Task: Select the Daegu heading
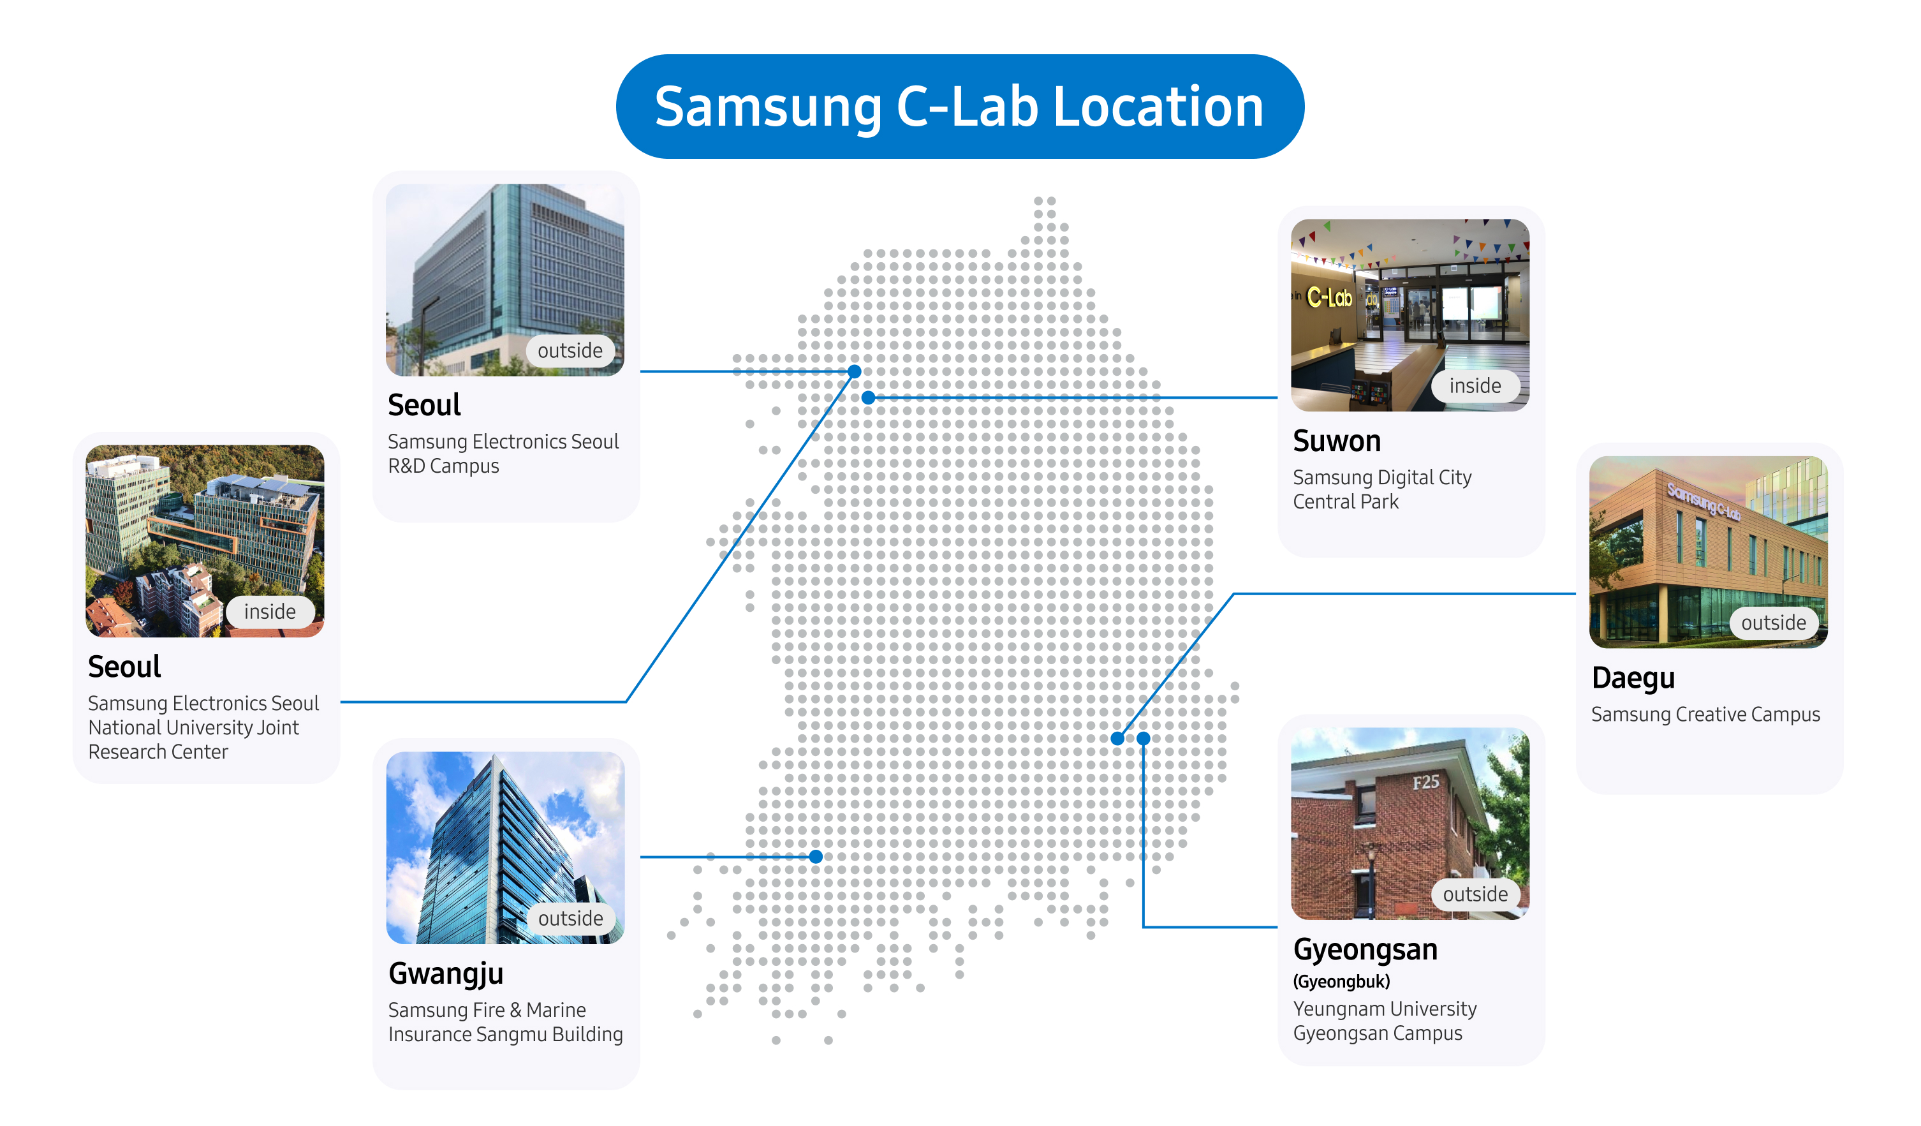tap(1633, 678)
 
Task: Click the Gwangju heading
tap(446, 974)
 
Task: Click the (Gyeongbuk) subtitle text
tap(1342, 981)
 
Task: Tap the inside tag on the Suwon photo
tap(1475, 386)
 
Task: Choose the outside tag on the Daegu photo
tap(1773, 623)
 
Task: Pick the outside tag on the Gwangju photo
tap(570, 919)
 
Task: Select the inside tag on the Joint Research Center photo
tap(270, 611)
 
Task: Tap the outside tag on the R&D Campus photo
tap(570, 351)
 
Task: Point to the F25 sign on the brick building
tap(1425, 782)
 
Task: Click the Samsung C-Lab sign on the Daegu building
tap(1703, 501)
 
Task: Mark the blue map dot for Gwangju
tap(816, 857)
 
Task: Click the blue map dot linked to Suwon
tap(868, 397)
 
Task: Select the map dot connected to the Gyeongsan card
tap(1144, 738)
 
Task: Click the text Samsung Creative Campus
tap(1705, 715)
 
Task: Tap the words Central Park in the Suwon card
tap(1346, 501)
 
